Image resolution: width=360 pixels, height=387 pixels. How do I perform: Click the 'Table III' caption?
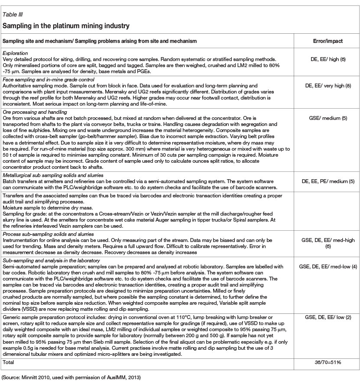[12, 17]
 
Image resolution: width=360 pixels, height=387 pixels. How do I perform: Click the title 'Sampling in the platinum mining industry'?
[66, 26]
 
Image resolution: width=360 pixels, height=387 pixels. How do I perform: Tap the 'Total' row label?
[8, 361]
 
